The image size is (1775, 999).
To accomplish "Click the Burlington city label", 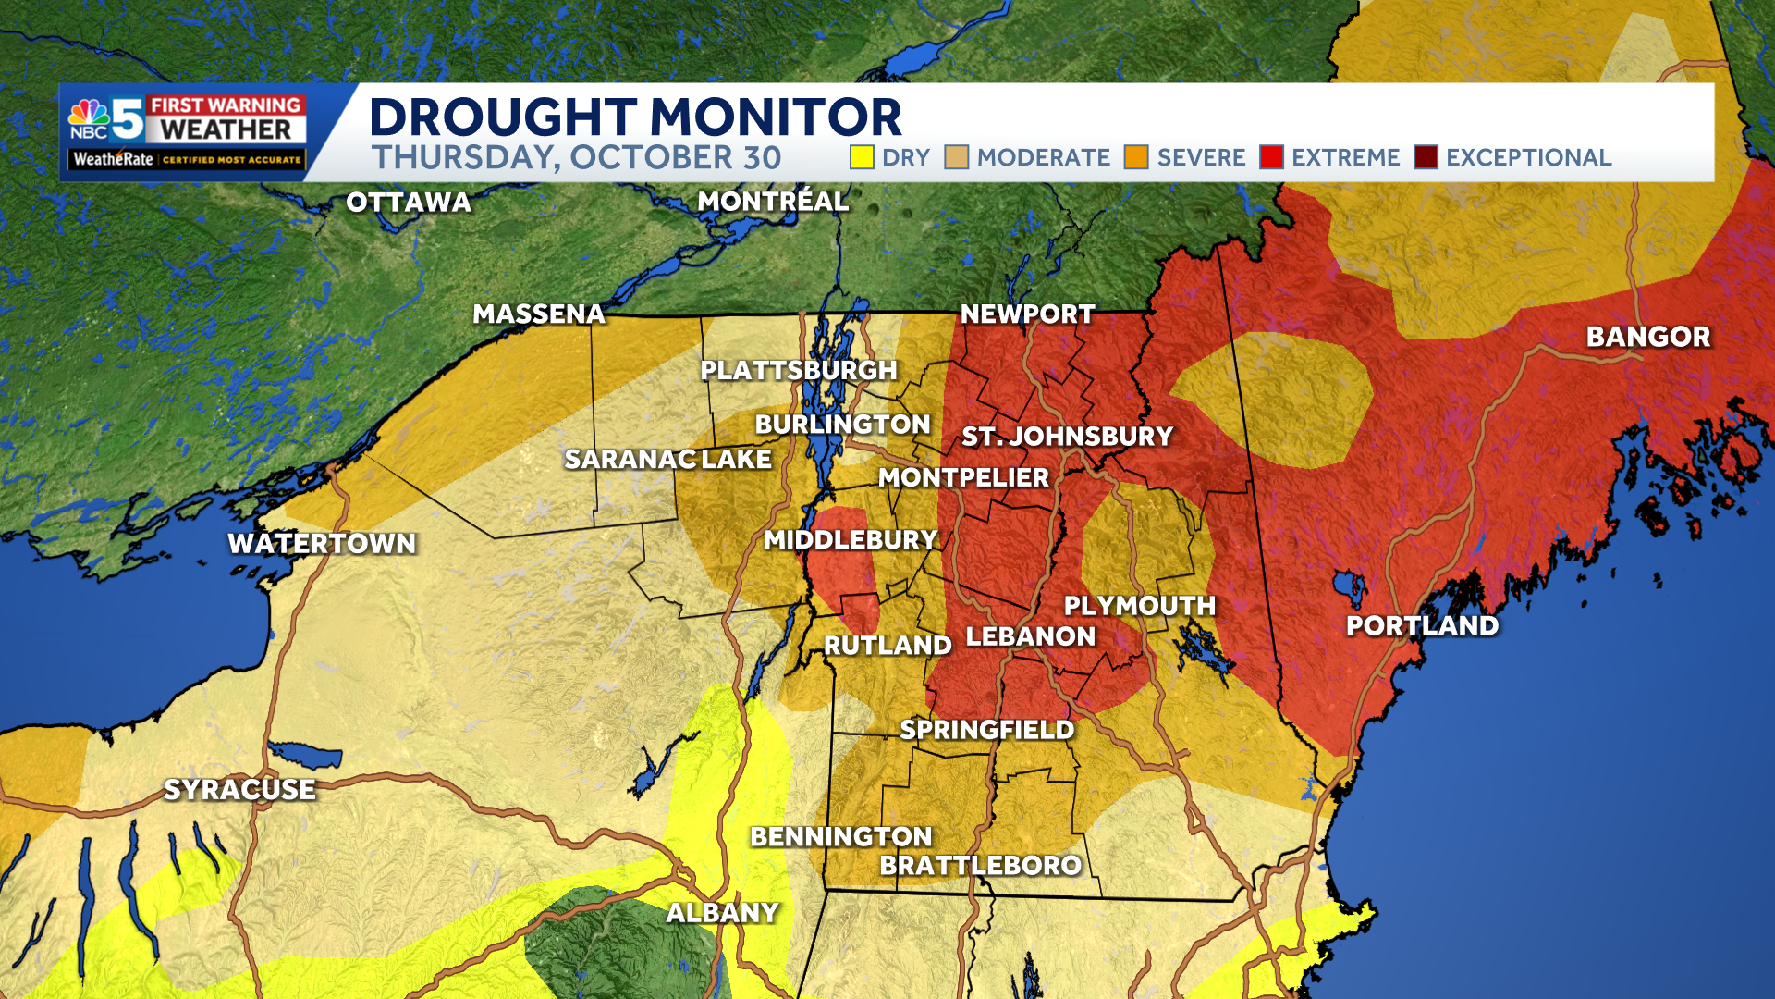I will point(842,425).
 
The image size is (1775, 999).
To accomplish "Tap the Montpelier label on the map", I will point(963,477).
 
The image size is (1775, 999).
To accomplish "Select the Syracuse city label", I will point(239,789).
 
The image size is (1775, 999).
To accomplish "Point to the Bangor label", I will point(1648,337).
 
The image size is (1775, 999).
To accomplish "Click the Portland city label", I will point(1422,626).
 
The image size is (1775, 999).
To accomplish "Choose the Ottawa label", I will point(409,203).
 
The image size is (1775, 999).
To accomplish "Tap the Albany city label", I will point(723,913).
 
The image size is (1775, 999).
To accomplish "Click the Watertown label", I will point(322,544).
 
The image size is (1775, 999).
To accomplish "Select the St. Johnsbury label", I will point(1067,437).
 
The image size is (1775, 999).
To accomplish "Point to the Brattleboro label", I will point(980,866).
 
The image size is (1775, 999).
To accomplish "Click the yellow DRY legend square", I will point(862,157).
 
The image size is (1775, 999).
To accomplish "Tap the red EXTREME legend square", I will point(1271,157).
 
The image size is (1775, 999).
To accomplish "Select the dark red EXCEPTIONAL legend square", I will point(1426,157).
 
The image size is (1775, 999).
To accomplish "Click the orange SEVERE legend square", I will point(1136,157).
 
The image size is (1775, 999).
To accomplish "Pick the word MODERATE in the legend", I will point(1043,158).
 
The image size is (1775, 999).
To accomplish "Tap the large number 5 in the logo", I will point(128,119).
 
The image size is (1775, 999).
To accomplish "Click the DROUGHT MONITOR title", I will point(635,117).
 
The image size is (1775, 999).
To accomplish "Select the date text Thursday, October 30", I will point(576,158).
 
